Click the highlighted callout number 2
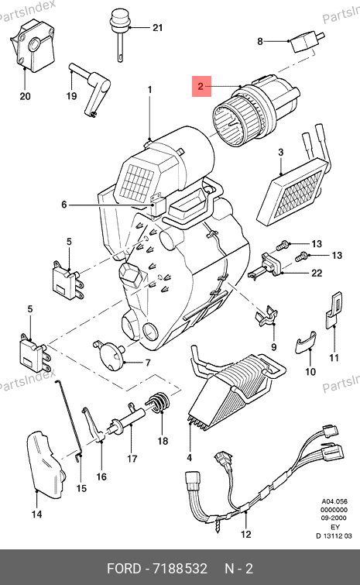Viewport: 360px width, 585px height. point(201,87)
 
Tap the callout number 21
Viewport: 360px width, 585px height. point(158,28)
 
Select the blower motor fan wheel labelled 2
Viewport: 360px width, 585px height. point(256,111)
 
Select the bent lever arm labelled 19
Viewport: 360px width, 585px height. point(90,90)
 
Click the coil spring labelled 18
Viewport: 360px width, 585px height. point(158,404)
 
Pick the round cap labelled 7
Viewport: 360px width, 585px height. point(109,355)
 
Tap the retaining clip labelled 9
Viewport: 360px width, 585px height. point(266,316)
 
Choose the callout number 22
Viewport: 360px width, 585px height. point(317,273)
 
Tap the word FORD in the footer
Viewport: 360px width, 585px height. point(124,569)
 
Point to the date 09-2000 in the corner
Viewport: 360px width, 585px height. point(334,518)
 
